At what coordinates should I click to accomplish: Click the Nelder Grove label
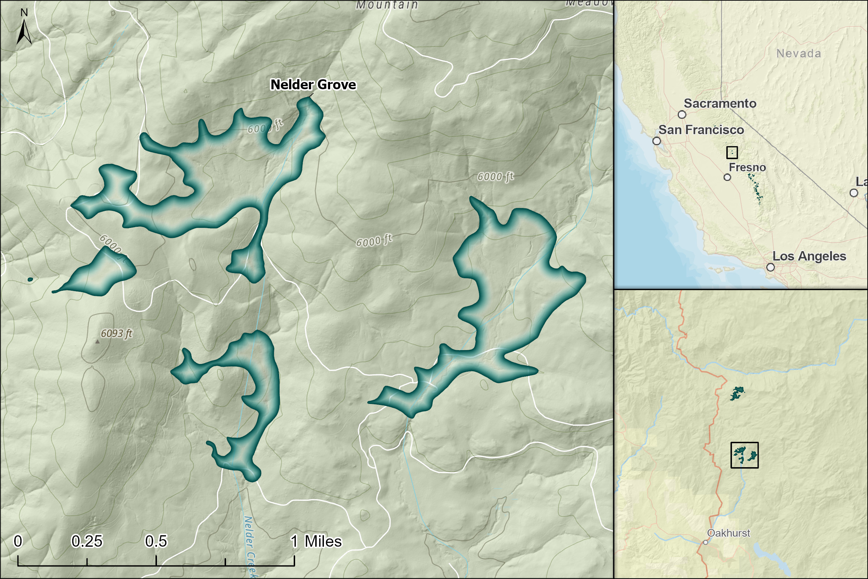[x=313, y=84]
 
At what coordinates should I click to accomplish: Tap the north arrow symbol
[x=24, y=31]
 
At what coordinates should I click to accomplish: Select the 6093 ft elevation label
[x=116, y=333]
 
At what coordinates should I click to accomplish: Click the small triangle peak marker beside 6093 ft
[x=98, y=341]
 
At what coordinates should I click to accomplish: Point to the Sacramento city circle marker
[x=682, y=115]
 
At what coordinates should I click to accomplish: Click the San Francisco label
[x=701, y=130]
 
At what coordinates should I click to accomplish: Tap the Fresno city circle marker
[x=727, y=177]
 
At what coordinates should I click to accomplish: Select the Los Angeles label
[x=809, y=256]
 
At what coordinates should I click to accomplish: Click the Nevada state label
[x=799, y=53]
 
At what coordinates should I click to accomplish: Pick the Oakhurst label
[x=728, y=533]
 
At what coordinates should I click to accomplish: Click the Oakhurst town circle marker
[x=706, y=543]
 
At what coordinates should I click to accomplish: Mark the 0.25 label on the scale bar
[x=87, y=541]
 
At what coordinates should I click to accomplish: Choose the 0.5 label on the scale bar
[x=156, y=541]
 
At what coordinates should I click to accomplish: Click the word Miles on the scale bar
[x=323, y=541]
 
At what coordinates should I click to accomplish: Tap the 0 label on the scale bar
[x=18, y=541]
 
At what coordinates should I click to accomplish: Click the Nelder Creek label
[x=250, y=546]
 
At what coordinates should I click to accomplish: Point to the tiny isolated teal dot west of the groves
[x=30, y=280]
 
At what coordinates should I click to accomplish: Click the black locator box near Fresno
[x=732, y=152]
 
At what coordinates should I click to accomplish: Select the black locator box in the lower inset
[x=745, y=455]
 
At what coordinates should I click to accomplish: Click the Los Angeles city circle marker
[x=770, y=267]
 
